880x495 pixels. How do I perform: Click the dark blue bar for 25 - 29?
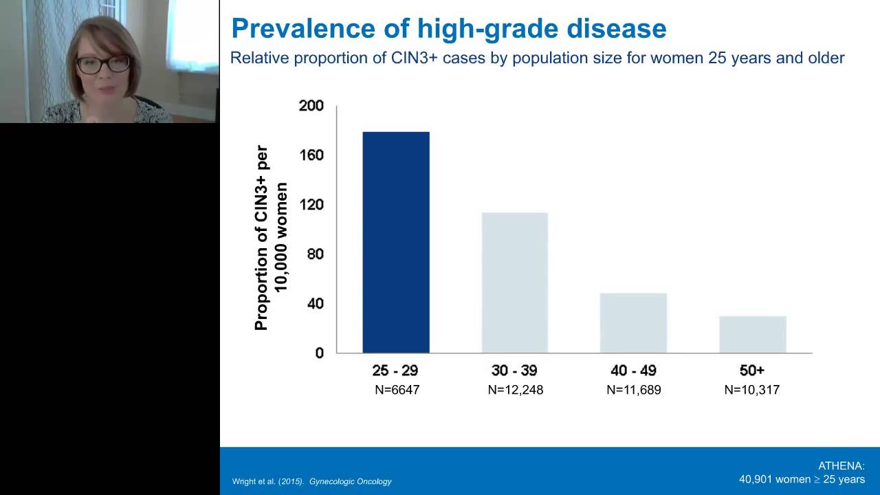(x=395, y=242)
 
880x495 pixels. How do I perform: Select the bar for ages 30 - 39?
(x=514, y=283)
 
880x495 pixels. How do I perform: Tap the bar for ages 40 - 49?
(x=633, y=322)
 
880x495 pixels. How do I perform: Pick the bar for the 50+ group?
(x=752, y=334)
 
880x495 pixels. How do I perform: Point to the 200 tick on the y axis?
(x=311, y=106)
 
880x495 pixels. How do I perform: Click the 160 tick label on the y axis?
(x=311, y=155)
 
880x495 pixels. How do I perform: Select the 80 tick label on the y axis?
(x=314, y=254)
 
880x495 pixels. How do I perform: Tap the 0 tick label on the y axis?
(x=319, y=353)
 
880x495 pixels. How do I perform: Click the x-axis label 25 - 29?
(x=395, y=371)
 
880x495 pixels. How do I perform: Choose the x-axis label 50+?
(x=752, y=371)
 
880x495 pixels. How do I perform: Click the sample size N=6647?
(x=397, y=390)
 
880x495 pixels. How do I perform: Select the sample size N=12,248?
(x=515, y=390)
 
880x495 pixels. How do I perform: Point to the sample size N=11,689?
(x=633, y=390)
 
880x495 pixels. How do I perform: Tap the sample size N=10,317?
(x=751, y=390)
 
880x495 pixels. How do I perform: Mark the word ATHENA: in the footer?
(x=841, y=466)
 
